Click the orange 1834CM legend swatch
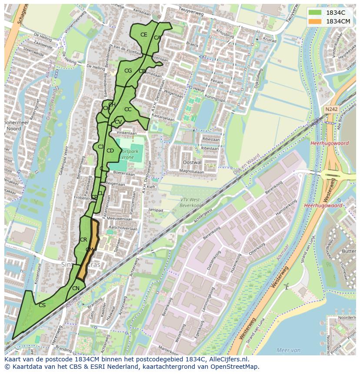coord(315,21)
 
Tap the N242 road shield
coord(331,109)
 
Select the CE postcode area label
coord(143,35)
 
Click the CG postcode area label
coord(128,71)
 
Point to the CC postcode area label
coord(128,109)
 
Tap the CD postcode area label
coord(110,151)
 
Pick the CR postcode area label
coord(83,240)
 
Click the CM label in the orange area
coord(90,250)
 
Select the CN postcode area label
coord(76,288)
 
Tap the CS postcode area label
coord(42,305)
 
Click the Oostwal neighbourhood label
coord(192,162)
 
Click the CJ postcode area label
coord(100,147)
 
